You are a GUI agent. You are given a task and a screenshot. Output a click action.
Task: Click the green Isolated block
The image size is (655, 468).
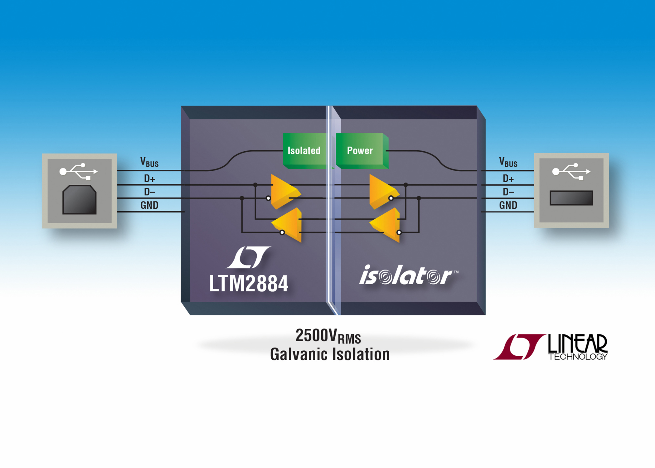pyautogui.click(x=306, y=151)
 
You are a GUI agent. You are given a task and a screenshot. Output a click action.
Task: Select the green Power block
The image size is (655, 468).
pyautogui.click(x=362, y=151)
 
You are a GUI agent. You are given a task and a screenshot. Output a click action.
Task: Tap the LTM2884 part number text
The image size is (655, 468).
pyautogui.click(x=249, y=284)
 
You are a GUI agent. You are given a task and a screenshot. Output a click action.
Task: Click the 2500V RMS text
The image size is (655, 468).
pyautogui.click(x=328, y=336)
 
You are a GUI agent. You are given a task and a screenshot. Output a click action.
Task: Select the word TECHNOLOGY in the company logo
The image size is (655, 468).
pyautogui.click(x=578, y=357)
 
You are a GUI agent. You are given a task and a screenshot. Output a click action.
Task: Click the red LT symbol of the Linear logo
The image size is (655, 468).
pyautogui.click(x=519, y=347)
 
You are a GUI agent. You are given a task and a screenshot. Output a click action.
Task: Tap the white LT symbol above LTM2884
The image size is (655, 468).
pyautogui.click(x=248, y=257)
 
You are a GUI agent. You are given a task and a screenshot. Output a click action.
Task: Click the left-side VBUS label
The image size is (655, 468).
pyautogui.click(x=149, y=162)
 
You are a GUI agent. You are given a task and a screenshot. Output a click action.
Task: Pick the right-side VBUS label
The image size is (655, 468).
pyautogui.click(x=508, y=162)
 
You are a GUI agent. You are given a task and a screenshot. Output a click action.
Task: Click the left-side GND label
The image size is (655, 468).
pyautogui.click(x=149, y=205)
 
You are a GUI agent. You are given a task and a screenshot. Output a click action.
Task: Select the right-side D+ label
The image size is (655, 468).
pyautogui.click(x=508, y=179)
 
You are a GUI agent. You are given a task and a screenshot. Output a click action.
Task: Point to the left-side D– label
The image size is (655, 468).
pyautogui.click(x=150, y=192)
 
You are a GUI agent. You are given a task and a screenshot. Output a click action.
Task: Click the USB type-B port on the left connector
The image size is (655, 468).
pyautogui.click(x=80, y=200)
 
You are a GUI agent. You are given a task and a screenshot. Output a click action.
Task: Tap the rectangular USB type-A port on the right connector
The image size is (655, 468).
pyautogui.click(x=571, y=198)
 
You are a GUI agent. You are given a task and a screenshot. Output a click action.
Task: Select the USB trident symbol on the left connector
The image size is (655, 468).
pyautogui.click(x=79, y=171)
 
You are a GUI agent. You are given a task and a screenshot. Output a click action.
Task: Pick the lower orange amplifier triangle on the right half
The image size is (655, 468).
pyautogui.click(x=385, y=225)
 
